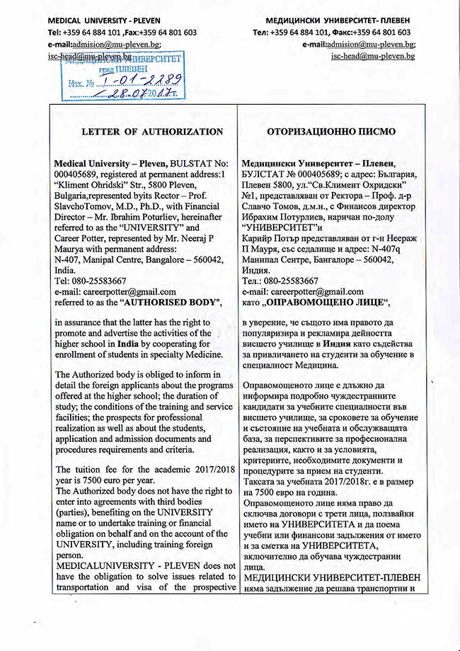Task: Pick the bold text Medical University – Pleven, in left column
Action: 112,162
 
